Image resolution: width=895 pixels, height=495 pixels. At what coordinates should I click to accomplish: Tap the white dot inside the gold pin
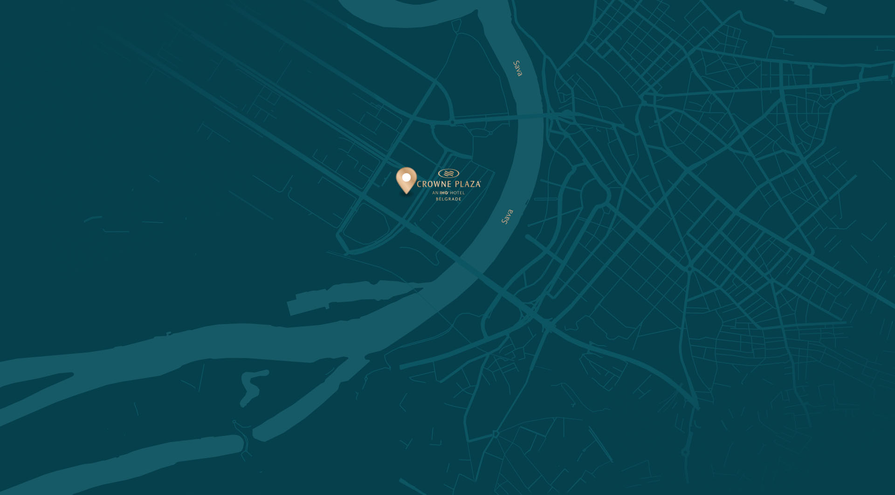pos(406,177)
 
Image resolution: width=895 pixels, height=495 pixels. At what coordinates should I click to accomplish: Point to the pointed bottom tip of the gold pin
pos(406,193)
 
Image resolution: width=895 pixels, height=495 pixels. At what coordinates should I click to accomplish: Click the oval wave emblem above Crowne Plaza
pos(448,174)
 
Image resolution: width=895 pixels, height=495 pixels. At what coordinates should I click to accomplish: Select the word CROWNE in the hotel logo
pos(434,184)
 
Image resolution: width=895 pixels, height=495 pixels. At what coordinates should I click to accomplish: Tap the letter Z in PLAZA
pos(471,184)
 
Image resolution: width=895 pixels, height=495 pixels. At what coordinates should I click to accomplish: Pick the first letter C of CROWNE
pos(419,184)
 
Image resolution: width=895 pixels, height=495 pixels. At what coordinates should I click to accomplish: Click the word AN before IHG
pos(435,193)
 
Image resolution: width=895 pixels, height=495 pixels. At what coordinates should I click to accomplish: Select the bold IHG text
pos(444,193)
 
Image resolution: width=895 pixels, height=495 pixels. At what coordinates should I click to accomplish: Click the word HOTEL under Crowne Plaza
pos(457,193)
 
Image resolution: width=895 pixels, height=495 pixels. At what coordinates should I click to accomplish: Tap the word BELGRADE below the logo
pos(448,199)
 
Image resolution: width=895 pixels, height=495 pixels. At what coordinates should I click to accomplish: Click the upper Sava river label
pos(517,68)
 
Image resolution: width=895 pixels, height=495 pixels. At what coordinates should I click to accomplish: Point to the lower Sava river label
pos(507,217)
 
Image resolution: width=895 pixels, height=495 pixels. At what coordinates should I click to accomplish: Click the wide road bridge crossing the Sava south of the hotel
pos(471,268)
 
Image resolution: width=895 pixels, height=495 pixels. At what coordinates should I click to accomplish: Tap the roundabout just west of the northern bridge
pos(452,122)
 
